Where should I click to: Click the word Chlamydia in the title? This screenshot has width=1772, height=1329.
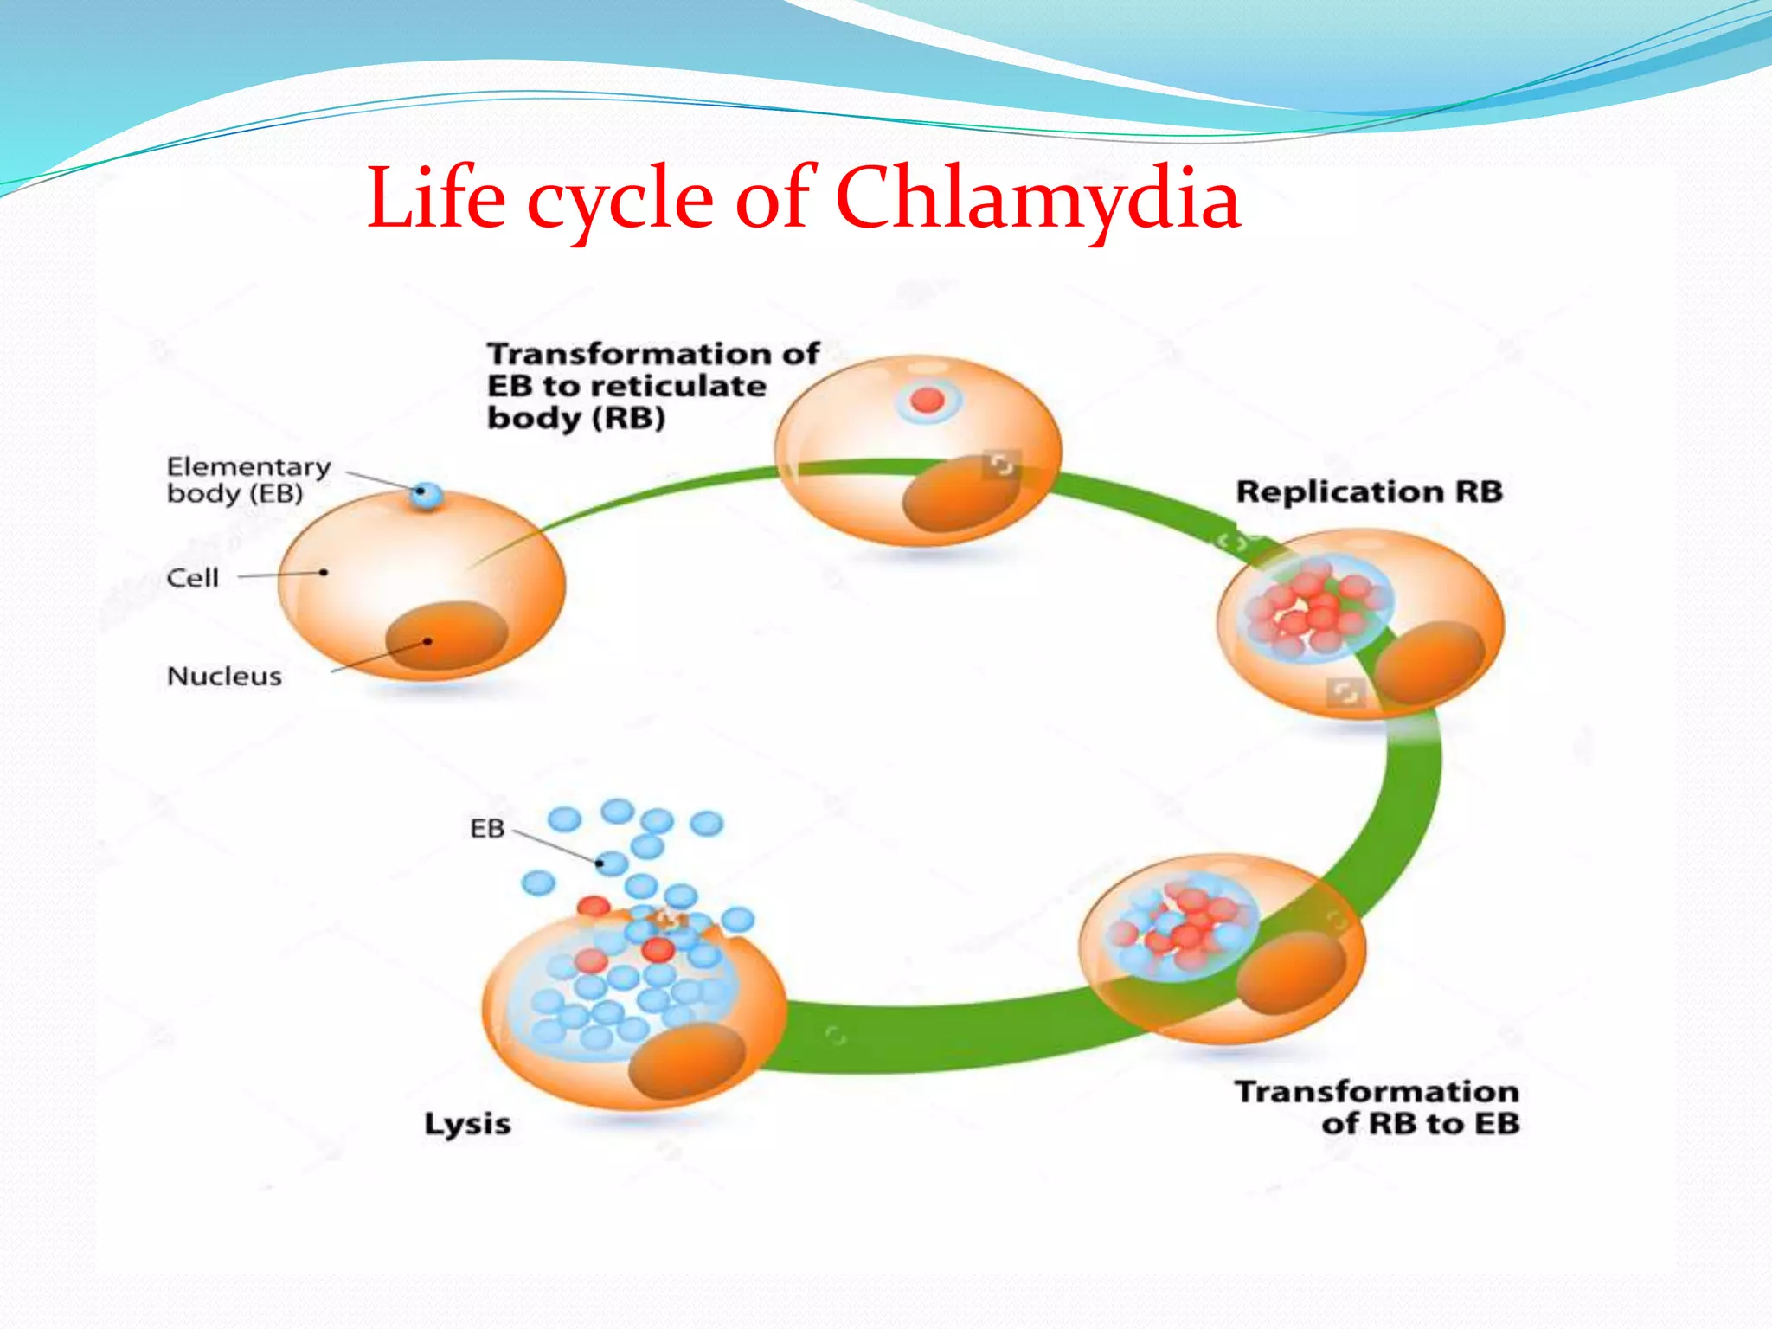(x=1037, y=199)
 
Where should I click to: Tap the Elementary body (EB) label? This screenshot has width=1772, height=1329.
(x=248, y=479)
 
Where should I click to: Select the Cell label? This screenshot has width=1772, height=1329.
(x=192, y=578)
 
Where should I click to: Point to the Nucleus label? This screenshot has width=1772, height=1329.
(x=224, y=676)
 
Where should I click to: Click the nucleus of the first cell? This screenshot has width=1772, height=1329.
(x=446, y=635)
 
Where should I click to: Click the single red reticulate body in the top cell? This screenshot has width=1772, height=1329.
(x=928, y=400)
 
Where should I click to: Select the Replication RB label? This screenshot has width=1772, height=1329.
(x=1369, y=491)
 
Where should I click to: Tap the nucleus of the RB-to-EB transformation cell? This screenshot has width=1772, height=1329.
(x=1291, y=973)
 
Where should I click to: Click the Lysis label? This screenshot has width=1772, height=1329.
(x=467, y=1124)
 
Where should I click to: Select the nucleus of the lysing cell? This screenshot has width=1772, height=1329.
(x=686, y=1061)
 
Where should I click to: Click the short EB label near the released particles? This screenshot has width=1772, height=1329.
(x=487, y=829)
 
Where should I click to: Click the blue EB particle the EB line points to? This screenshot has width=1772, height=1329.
(x=612, y=864)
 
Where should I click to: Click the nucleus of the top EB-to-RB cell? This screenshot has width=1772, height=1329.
(x=960, y=496)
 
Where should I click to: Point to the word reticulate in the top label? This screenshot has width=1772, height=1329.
(x=684, y=386)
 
